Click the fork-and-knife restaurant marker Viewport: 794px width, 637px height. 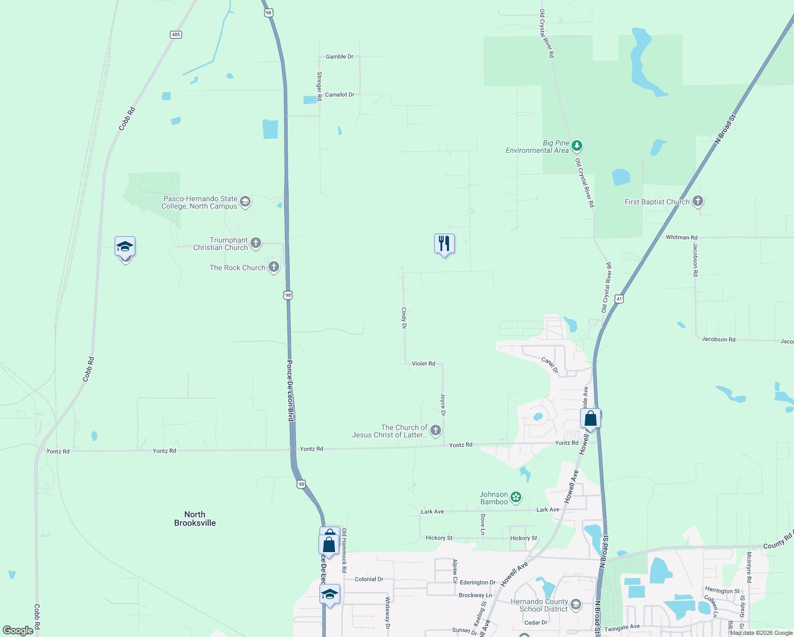[444, 244]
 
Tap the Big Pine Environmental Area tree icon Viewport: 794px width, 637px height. [577, 145]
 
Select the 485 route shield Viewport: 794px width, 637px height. [176, 35]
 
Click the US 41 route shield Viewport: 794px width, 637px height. [619, 299]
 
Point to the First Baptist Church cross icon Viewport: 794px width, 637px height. [698, 201]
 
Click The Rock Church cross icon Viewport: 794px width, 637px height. [274, 266]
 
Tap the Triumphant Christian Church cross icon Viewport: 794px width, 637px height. [256, 243]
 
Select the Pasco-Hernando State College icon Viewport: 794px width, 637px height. [245, 201]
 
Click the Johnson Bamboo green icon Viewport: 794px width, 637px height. [515, 497]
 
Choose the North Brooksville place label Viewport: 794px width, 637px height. [195, 519]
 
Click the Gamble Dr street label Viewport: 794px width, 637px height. [339, 56]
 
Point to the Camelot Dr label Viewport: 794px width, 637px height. [340, 94]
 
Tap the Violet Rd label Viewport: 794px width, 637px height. [423, 364]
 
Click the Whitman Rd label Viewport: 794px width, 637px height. [681, 237]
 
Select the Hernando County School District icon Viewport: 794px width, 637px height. [575, 604]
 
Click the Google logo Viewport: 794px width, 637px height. [18, 631]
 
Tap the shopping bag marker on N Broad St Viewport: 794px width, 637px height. [590, 419]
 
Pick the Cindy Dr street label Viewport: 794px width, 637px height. [404, 317]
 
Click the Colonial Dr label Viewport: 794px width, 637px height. [369, 579]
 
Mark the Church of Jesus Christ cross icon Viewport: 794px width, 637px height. [436, 430]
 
